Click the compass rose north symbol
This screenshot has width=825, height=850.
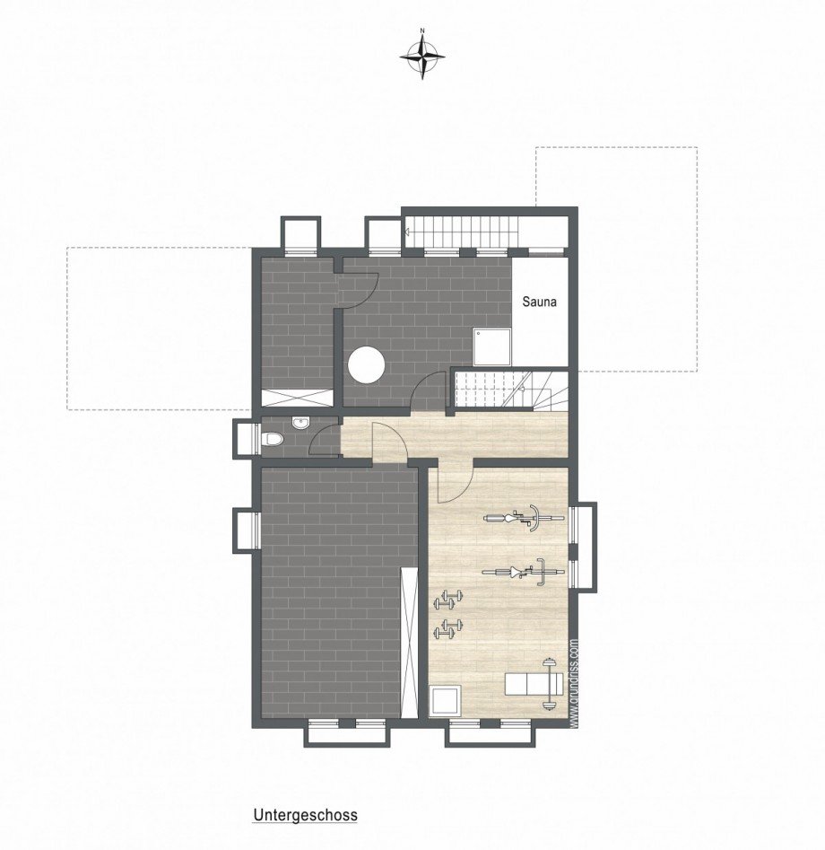click(x=422, y=56)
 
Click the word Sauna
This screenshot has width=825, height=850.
click(x=539, y=302)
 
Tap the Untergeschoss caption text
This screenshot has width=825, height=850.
click(x=305, y=816)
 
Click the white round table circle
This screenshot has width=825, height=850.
click(x=367, y=365)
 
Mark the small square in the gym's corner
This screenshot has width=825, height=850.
click(x=445, y=701)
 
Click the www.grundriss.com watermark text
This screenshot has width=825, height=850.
click(x=574, y=682)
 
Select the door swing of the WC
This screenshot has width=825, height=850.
click(x=323, y=440)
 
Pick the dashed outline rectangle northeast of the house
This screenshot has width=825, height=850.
click(x=616, y=259)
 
